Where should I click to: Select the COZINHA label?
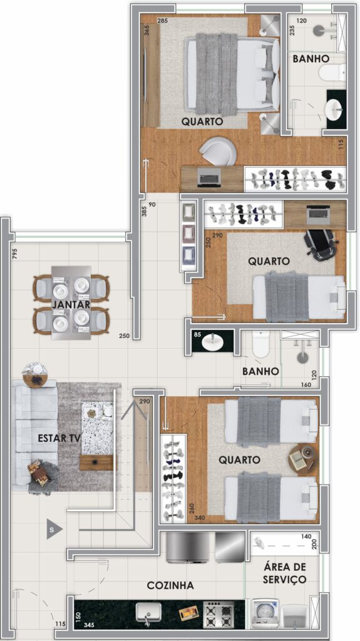click(x=170, y=585)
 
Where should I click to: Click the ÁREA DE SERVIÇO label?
click(x=285, y=573)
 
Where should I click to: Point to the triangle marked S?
click(x=54, y=530)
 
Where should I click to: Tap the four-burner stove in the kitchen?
click(x=219, y=614)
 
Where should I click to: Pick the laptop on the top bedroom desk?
click(x=209, y=178)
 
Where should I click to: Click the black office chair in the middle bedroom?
click(x=322, y=244)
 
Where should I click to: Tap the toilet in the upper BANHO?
click(x=332, y=73)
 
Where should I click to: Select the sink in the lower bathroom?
click(x=212, y=341)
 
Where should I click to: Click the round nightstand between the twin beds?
click(x=303, y=458)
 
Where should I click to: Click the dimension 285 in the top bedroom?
click(x=162, y=21)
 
